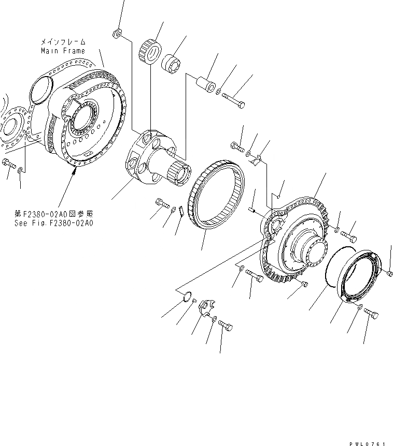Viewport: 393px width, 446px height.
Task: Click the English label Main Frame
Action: [x=63, y=51]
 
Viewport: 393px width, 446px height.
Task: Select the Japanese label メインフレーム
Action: [x=63, y=41]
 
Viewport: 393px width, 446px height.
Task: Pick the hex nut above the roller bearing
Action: [x=117, y=34]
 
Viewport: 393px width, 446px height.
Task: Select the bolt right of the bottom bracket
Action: [x=226, y=327]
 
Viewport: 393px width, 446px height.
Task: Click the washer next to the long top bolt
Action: [x=219, y=92]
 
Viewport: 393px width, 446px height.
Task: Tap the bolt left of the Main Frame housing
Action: [x=7, y=164]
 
